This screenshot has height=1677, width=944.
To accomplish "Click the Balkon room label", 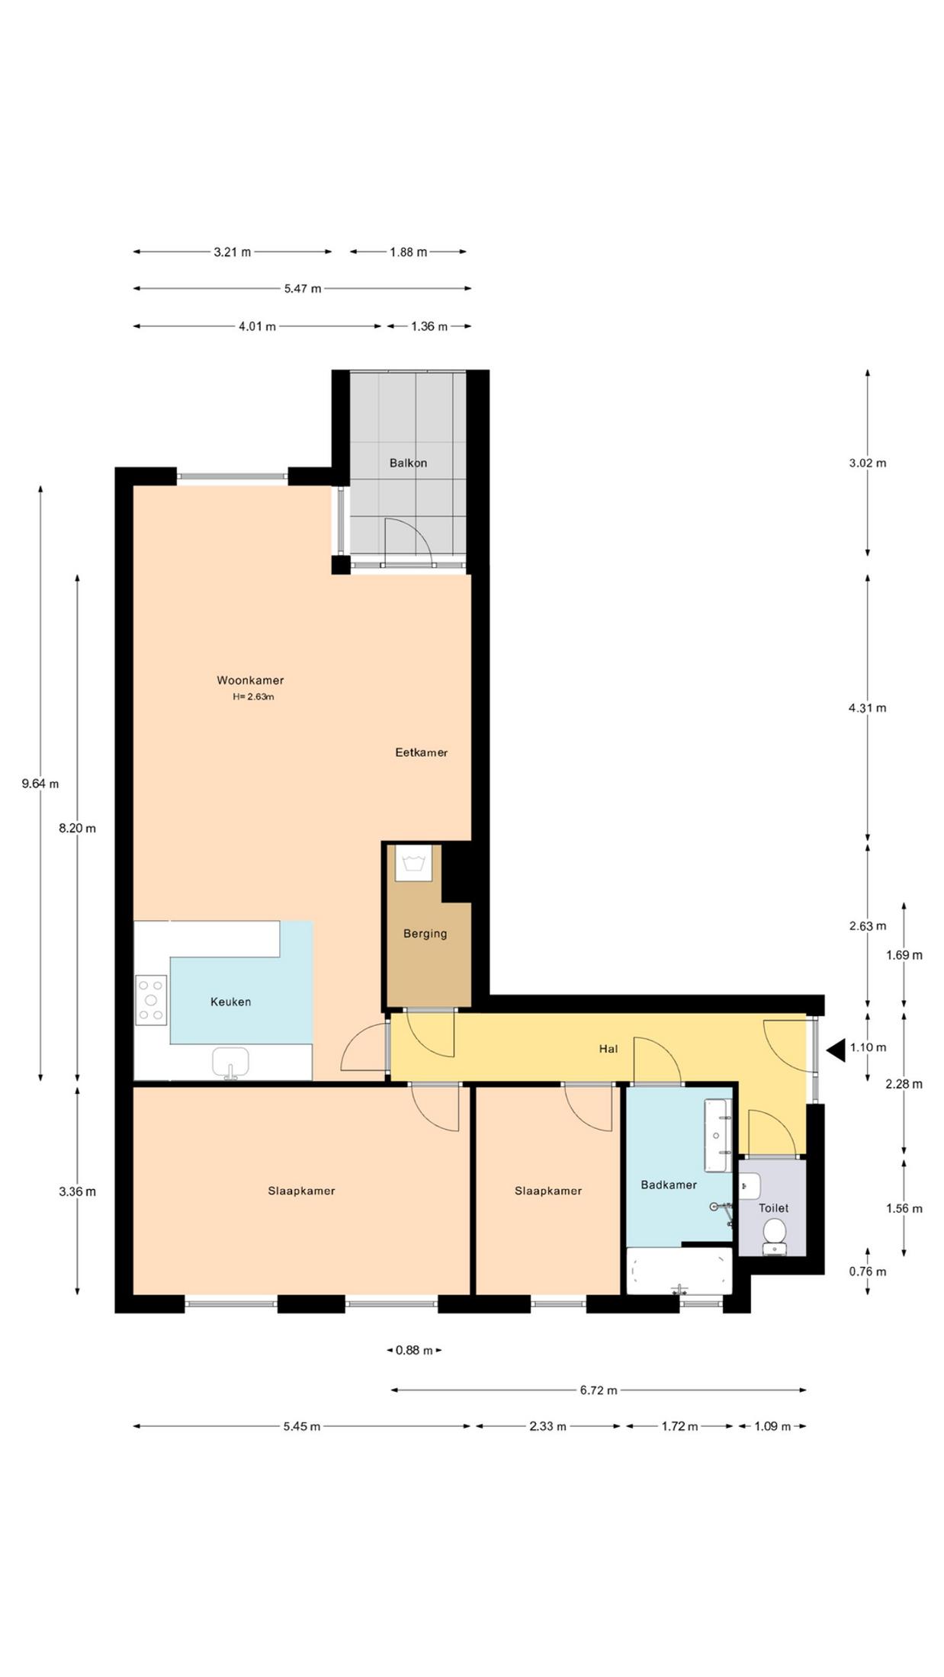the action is point(408,463).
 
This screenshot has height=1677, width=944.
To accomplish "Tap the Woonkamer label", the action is point(250,680).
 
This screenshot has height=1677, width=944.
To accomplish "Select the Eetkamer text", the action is point(421,752).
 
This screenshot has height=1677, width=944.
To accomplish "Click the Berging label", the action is point(425,934).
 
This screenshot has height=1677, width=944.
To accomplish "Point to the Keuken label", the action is point(231,1002).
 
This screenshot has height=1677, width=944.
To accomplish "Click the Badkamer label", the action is point(669,1185).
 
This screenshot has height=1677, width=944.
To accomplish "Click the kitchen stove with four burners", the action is point(151,1000).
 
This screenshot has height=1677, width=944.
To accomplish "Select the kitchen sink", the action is point(230,1063).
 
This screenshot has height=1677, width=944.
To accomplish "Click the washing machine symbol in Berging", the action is point(413,863).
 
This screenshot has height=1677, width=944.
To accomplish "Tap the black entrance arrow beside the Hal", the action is point(836,1050).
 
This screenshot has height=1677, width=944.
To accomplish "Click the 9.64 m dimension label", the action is point(40,784).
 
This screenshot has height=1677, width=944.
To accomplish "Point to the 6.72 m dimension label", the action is point(599,1390).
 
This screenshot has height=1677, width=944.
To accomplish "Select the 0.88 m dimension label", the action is point(414,1350).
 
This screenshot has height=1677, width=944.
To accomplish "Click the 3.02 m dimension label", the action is point(868,463).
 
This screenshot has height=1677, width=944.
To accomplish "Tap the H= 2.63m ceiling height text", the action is point(253,697).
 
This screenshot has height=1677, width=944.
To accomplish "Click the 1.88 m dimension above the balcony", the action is point(409,252).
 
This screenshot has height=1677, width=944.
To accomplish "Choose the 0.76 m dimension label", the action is point(868,1271).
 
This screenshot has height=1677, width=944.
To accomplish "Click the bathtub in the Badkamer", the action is point(679,1271).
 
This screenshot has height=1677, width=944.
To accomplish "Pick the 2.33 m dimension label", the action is point(547,1426).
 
